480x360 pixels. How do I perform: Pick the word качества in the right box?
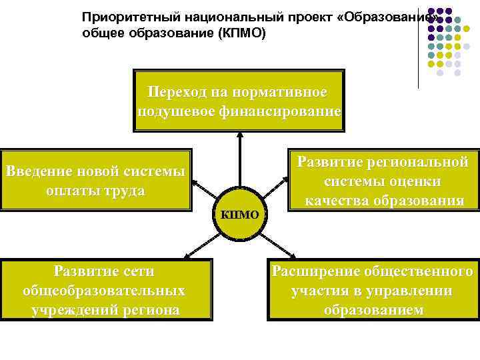click(336, 201)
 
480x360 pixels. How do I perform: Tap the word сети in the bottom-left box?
click(140, 271)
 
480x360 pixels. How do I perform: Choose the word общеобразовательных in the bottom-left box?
click(104, 291)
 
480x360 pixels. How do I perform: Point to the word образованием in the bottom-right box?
click(373, 310)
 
